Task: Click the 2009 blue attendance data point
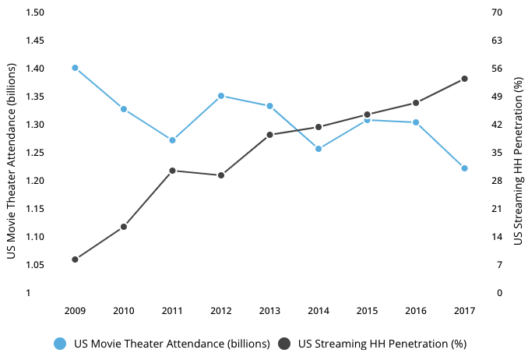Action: click(x=75, y=68)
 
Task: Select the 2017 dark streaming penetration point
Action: click(x=464, y=79)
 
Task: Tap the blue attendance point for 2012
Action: click(x=221, y=96)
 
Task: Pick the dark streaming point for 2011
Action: click(x=172, y=171)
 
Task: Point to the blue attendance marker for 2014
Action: click(x=319, y=148)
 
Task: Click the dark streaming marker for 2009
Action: click(x=75, y=259)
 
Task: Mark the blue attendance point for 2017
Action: click(x=464, y=168)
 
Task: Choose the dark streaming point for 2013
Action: click(x=269, y=135)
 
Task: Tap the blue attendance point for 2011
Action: click(x=172, y=140)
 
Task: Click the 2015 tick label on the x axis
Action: click(x=367, y=311)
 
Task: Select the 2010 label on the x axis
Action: click(x=123, y=311)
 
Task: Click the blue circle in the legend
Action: click(x=59, y=344)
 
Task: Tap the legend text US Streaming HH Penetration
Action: click(x=382, y=344)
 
